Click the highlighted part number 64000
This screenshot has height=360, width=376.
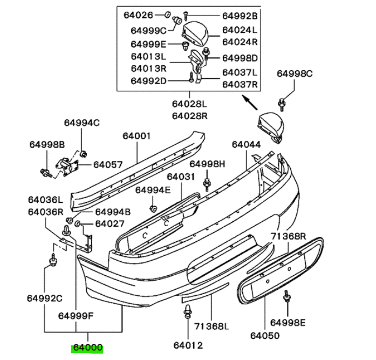click(88, 348)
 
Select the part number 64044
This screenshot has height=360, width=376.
click(247, 145)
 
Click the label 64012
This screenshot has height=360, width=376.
click(188, 345)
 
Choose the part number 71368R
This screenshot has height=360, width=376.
click(288, 236)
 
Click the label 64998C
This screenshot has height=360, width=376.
click(295, 73)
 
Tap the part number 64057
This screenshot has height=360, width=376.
click(108, 164)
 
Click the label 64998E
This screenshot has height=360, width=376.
click(288, 323)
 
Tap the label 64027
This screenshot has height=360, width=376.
click(110, 223)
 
